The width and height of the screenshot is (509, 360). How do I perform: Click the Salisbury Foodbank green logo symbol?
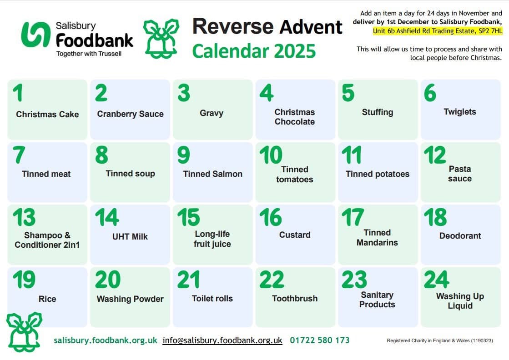[35, 35]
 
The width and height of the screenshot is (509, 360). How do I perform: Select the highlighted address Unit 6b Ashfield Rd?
[438, 31]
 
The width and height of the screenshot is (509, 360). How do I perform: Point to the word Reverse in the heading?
[232, 27]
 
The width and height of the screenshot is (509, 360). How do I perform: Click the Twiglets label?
[460, 112]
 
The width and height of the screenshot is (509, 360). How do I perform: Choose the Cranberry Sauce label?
[130, 114]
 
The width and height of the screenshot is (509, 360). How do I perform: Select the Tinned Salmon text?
[212, 174]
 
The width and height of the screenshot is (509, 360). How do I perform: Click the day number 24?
[436, 280]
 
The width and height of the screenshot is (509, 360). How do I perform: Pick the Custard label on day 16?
[295, 235]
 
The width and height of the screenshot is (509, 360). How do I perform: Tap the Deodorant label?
[460, 236]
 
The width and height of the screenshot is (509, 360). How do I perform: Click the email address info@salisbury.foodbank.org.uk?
[222, 340]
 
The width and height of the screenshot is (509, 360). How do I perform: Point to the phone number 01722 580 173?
[320, 340]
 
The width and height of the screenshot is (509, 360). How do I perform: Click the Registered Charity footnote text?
[439, 340]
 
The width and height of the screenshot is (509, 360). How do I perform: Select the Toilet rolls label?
[212, 299]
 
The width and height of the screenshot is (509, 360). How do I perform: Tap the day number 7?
[19, 155]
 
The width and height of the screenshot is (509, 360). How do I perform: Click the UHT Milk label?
[130, 236]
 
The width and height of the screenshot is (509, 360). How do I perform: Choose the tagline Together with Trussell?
[89, 54]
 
